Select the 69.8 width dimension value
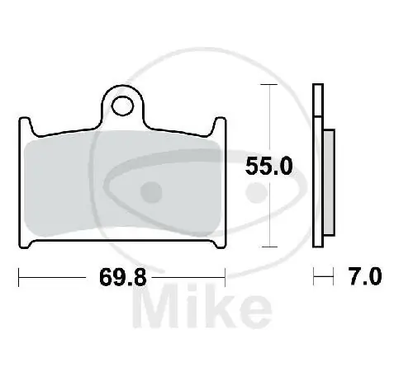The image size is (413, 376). click(124, 277)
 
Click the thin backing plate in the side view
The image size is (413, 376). click(318, 165)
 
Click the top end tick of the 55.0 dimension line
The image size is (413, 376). click(268, 85)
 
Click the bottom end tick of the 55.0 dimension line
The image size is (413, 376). click(268, 246)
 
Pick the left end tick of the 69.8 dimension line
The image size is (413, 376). click(20, 278)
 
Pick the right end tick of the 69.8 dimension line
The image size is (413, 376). click(225, 278)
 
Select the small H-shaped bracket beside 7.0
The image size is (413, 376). click(318, 278)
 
